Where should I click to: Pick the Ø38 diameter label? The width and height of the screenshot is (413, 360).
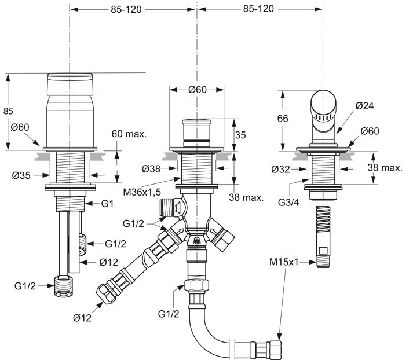pyautogui.click(x=153, y=168)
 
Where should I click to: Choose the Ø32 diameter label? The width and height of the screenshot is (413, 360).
pyautogui.click(x=282, y=170)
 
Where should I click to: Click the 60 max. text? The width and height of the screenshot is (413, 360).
pyautogui.click(x=129, y=134)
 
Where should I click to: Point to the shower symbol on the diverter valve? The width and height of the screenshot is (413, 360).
pyautogui.click(x=197, y=241)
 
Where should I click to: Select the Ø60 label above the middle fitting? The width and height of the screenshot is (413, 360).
pyautogui.click(x=198, y=89)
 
